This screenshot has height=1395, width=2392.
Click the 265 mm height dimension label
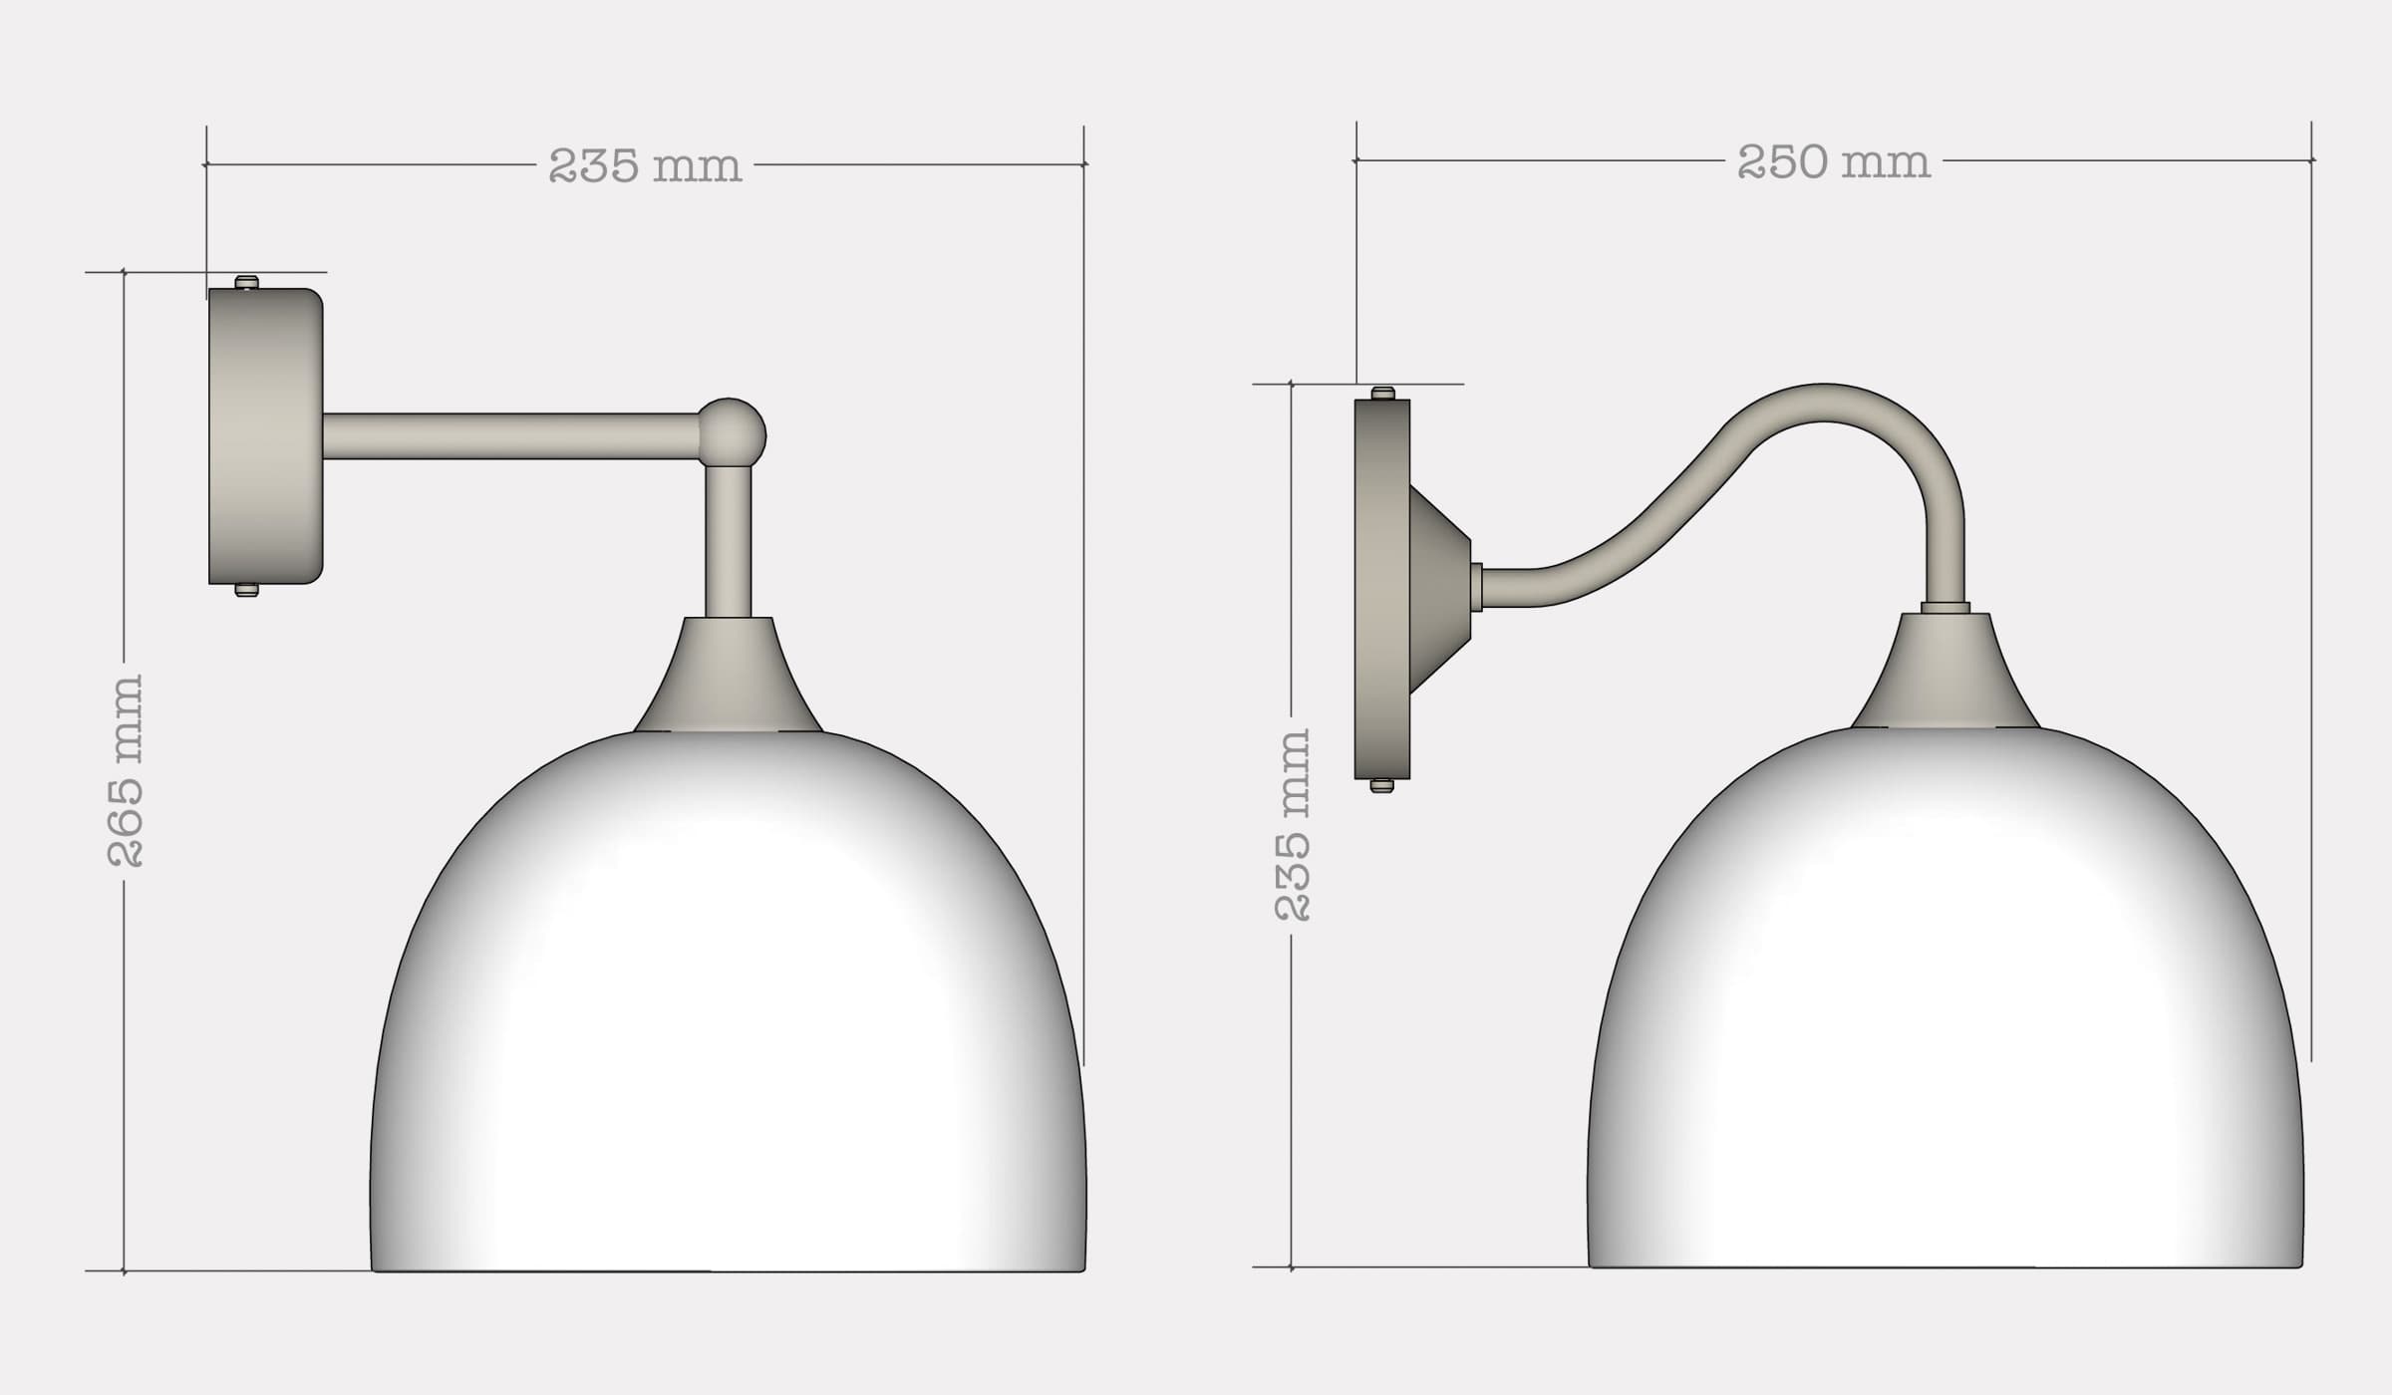[x=126, y=770]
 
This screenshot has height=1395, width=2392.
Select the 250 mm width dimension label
[x=1833, y=162]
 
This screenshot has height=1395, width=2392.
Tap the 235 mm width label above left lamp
[x=645, y=165]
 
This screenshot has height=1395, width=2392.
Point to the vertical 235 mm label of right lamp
[x=1294, y=824]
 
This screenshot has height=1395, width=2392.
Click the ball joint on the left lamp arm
[x=732, y=432]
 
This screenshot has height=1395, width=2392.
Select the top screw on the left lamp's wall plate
[x=246, y=283]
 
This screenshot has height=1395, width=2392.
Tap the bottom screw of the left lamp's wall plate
[x=246, y=590]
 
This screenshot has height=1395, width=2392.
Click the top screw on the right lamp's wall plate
[x=1381, y=394]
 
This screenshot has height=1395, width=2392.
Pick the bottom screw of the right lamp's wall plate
[x=1381, y=785]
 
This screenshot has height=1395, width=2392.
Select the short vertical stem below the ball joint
[x=728, y=543]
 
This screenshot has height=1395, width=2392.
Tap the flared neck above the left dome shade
[x=729, y=678]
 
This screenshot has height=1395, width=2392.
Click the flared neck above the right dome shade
[x=1945, y=674]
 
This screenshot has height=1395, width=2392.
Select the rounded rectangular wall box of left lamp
[x=265, y=436]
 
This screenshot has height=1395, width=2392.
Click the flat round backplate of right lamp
[x=1381, y=588]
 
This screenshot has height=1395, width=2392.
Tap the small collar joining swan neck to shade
[x=1944, y=607]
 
